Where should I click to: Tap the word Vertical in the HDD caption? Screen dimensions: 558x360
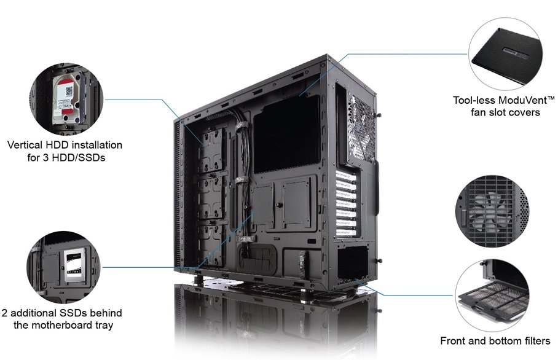point(25,145)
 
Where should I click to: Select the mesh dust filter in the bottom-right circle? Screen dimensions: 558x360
point(493,298)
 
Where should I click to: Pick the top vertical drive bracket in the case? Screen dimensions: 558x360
point(212,150)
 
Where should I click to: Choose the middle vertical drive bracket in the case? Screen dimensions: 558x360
point(212,197)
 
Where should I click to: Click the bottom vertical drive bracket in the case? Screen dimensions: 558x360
point(212,245)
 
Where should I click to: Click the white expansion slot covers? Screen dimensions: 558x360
point(346,204)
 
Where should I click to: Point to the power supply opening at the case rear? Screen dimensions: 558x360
point(352,262)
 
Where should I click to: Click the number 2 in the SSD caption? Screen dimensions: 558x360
point(4,313)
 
